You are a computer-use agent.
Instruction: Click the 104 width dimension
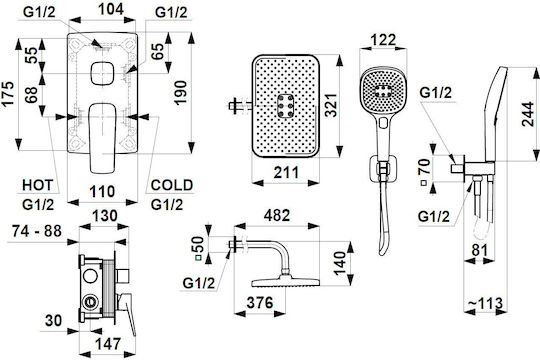[111, 9]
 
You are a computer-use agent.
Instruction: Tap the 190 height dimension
[180, 93]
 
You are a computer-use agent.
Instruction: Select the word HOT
[38, 185]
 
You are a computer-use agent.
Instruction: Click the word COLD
[172, 185]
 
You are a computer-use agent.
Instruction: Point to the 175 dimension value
[8, 93]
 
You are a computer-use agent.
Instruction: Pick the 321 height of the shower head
[331, 105]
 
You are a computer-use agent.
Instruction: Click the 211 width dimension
[286, 172]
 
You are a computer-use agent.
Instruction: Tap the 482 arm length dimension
[277, 216]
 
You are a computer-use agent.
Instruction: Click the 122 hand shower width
[383, 40]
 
